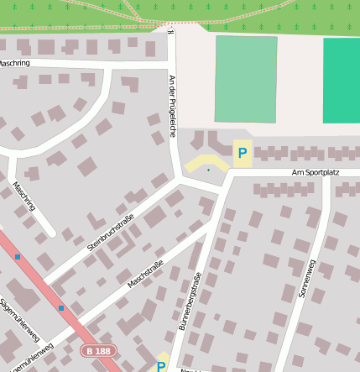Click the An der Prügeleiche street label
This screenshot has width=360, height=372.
[172, 107]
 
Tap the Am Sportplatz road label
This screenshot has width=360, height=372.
[315, 172]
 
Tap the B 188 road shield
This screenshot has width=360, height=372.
[98, 349]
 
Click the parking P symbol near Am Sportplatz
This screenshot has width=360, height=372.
[243, 153]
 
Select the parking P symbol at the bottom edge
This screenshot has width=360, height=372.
[160, 366]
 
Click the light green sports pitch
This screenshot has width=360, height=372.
[245, 79]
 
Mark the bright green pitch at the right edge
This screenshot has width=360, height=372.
[342, 81]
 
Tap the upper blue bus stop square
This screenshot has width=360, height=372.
[18, 257]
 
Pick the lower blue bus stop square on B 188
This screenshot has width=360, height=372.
[61, 308]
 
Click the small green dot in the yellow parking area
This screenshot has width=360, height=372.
[209, 170]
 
